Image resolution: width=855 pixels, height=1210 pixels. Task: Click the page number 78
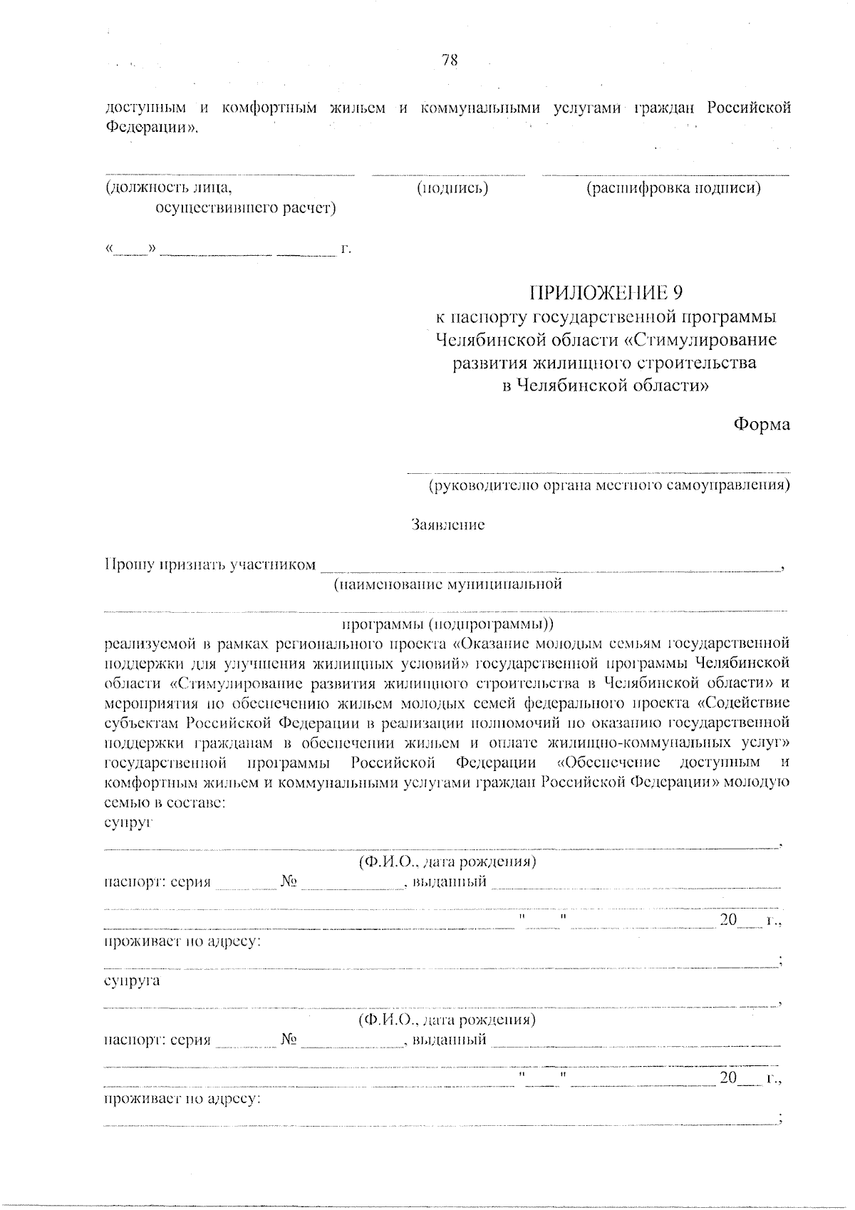[x=450, y=61]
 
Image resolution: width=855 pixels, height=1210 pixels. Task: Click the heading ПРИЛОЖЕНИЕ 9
[x=606, y=293]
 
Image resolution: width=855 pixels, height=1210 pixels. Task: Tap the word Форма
[x=762, y=425]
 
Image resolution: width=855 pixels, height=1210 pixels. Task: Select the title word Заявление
[x=448, y=525]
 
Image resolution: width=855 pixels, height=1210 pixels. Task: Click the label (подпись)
[x=452, y=188]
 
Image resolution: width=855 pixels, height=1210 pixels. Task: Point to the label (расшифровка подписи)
[x=673, y=188]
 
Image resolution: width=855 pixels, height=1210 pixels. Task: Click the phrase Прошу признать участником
[x=210, y=565]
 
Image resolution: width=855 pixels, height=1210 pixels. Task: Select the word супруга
[x=132, y=981]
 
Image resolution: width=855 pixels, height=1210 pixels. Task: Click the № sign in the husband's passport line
[x=289, y=881]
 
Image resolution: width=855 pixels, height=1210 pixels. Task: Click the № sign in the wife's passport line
[x=289, y=1039]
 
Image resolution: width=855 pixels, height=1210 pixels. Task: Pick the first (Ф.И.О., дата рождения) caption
[x=447, y=862]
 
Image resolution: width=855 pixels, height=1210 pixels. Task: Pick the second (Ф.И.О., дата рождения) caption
[x=447, y=1020]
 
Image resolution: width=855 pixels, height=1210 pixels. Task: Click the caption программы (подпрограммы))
[x=448, y=624]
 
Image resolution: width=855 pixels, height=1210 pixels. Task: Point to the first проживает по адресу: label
[x=182, y=941]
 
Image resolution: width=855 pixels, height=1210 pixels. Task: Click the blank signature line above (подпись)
[x=449, y=174]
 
